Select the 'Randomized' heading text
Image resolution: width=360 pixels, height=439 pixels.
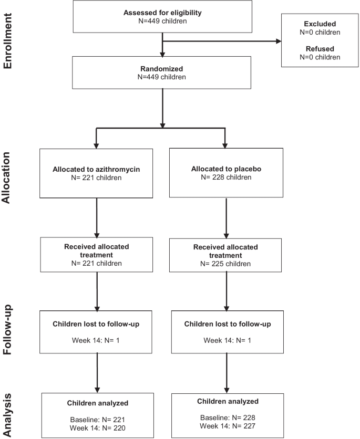(162, 68)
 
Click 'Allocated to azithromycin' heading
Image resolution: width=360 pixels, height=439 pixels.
(97, 169)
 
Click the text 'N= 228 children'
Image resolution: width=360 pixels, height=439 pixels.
(226, 177)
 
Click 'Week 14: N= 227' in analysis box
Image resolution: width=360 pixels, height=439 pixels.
(226, 426)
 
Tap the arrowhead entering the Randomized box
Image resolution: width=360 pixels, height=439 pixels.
(162, 54)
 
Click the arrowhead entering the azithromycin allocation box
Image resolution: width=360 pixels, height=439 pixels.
(97, 145)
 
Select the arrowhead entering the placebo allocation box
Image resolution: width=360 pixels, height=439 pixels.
(226, 145)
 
